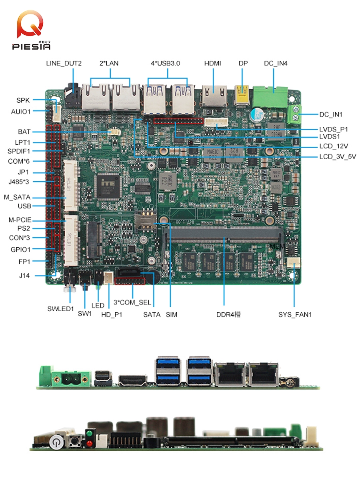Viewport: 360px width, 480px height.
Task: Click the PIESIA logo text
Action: (32, 46)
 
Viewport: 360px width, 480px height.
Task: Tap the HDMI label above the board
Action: (212, 63)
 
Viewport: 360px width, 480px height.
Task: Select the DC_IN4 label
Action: (276, 63)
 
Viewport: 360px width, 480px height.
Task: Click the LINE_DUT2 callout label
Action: (64, 63)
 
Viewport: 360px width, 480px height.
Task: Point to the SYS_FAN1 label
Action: (295, 315)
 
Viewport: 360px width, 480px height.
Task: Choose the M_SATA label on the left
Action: (17, 198)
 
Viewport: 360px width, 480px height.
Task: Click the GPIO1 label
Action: (20, 249)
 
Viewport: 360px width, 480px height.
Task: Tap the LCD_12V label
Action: (333, 146)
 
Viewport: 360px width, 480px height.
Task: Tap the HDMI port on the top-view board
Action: (213, 96)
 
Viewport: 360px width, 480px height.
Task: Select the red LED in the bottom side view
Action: (89, 443)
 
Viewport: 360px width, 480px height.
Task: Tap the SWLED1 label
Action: (61, 308)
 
